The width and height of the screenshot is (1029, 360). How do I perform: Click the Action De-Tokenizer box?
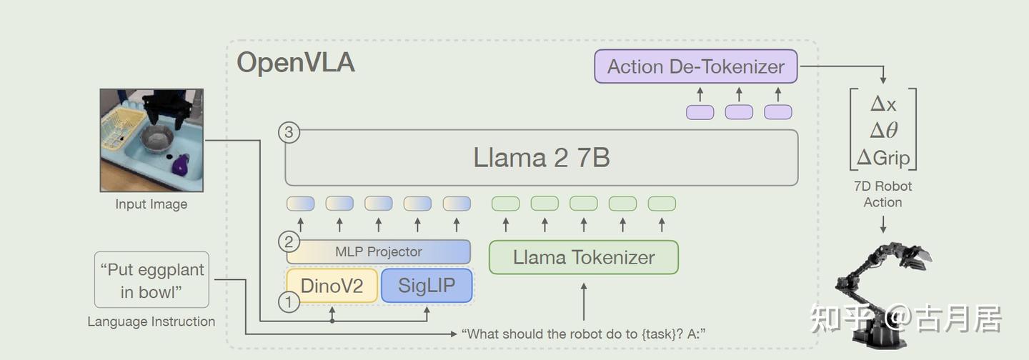pos(695,66)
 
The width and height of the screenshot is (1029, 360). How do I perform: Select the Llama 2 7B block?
pos(542,157)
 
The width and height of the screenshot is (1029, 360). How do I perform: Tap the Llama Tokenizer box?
pos(583,257)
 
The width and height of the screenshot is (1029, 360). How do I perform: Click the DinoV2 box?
pos(332,286)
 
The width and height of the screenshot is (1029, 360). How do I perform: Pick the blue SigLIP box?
pos(427,286)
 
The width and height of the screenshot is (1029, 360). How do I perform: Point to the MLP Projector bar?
pos(379,251)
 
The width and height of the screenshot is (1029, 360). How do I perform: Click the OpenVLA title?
pos(296,62)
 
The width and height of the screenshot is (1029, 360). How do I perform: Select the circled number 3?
pos(289,132)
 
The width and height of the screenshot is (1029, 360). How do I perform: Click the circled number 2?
pos(289,241)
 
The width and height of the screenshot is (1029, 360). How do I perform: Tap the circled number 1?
pos(289,302)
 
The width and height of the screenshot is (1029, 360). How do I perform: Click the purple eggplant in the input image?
pos(181,166)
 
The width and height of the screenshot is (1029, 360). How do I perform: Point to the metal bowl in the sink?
pos(157,139)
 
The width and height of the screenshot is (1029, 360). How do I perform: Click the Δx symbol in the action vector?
pos(883,104)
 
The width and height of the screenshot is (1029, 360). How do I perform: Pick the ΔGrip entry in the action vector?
pos(883,157)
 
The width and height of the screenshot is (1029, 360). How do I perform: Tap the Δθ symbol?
pos(883,131)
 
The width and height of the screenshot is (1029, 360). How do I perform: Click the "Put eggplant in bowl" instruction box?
pos(151,280)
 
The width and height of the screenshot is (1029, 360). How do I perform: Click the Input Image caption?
pos(151,204)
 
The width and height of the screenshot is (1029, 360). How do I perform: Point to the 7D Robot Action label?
pos(883,194)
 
